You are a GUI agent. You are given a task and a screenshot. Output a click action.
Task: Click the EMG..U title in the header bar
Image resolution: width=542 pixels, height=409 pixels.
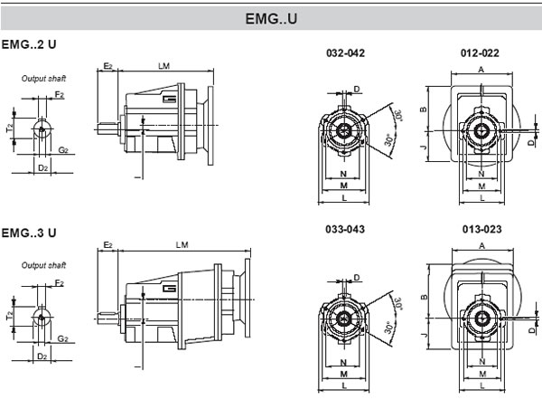click(x=271, y=19)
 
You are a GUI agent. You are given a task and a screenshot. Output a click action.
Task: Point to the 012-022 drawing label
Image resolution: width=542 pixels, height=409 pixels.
click(x=479, y=52)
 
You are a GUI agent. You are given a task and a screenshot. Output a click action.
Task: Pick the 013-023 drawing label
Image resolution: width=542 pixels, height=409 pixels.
click(x=479, y=230)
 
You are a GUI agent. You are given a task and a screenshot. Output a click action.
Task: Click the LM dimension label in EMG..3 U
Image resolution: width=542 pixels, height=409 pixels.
click(x=182, y=245)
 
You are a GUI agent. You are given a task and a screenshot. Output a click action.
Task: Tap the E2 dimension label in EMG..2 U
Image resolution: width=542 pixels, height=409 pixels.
click(x=107, y=66)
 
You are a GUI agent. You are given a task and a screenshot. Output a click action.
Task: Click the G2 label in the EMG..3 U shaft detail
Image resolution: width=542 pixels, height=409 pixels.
click(x=61, y=338)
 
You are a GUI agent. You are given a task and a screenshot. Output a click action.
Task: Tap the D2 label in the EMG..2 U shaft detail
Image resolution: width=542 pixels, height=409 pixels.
click(x=42, y=169)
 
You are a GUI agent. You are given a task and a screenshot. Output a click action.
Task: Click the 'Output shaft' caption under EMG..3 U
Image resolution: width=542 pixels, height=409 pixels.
click(x=44, y=265)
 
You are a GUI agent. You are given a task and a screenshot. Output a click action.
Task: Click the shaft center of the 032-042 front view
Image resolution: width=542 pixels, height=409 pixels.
click(x=344, y=129)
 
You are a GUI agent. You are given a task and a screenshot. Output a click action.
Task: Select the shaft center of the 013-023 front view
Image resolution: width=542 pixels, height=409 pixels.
click(x=480, y=319)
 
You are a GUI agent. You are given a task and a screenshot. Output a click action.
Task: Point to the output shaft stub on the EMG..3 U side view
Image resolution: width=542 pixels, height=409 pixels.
click(x=107, y=316)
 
